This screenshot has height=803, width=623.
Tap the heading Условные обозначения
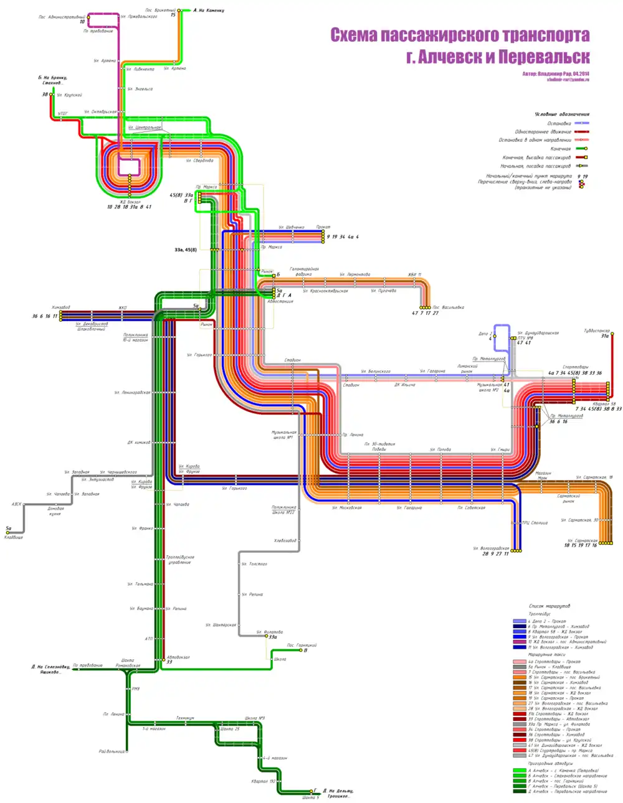pos(561,115)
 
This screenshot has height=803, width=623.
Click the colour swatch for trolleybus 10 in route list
pos(520,642)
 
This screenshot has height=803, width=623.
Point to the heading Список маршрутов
pos(549,606)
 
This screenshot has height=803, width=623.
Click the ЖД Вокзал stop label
pos(130,202)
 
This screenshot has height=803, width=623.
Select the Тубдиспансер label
pos(596,331)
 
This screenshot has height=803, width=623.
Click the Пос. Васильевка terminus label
pos(448,308)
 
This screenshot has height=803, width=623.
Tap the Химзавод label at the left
pos(61,308)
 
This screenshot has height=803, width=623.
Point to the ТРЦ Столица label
pos(535,523)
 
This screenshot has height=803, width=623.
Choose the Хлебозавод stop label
pos(285,540)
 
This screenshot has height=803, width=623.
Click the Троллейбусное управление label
pos(179,560)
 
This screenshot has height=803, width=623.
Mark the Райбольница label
pos(112,751)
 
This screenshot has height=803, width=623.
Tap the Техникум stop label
pos(184,718)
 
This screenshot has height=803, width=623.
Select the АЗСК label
pos(16,504)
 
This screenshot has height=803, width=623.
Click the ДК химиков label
pos(139,443)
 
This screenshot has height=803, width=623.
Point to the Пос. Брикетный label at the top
pos(160,11)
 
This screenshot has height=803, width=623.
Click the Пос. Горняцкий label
pos(302,646)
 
